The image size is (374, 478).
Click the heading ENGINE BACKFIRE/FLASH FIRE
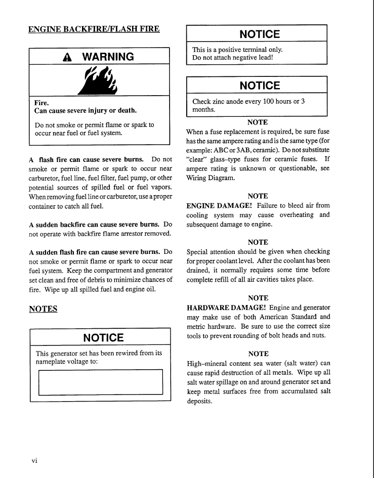point(94,29)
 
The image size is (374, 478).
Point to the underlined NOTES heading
point(43,309)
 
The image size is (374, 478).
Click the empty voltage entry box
point(100,382)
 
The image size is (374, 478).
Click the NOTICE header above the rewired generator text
point(103,337)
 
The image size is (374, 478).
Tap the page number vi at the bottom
point(34,460)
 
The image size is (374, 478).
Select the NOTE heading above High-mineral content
point(258,354)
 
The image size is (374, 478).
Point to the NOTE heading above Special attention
point(258,242)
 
